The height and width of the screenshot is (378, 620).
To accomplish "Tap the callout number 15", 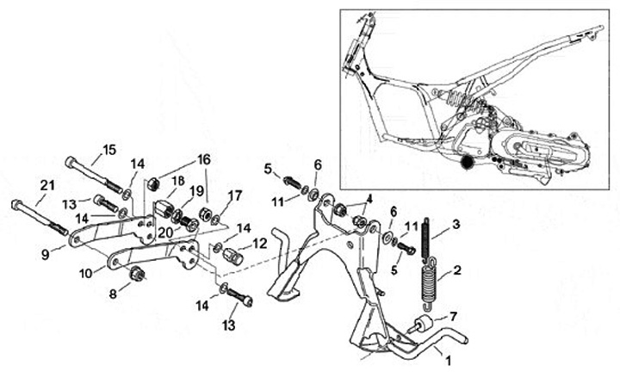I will pyautogui.click(x=108, y=149).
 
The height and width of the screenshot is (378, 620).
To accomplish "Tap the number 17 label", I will pyautogui.click(x=235, y=195).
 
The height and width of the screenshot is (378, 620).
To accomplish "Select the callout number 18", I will pyautogui.click(x=179, y=181).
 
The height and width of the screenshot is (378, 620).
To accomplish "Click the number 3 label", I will pyautogui.click(x=456, y=224).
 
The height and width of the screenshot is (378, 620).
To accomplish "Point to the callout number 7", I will pyautogui.click(x=454, y=318).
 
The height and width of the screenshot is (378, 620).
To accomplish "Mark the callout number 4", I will pyautogui.click(x=369, y=199).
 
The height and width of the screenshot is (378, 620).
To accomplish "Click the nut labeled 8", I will pyautogui.click(x=135, y=275).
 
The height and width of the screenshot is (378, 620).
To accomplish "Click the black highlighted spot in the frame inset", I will pyautogui.click(x=468, y=161).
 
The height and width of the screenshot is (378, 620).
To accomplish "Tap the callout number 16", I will pyautogui.click(x=203, y=159).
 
